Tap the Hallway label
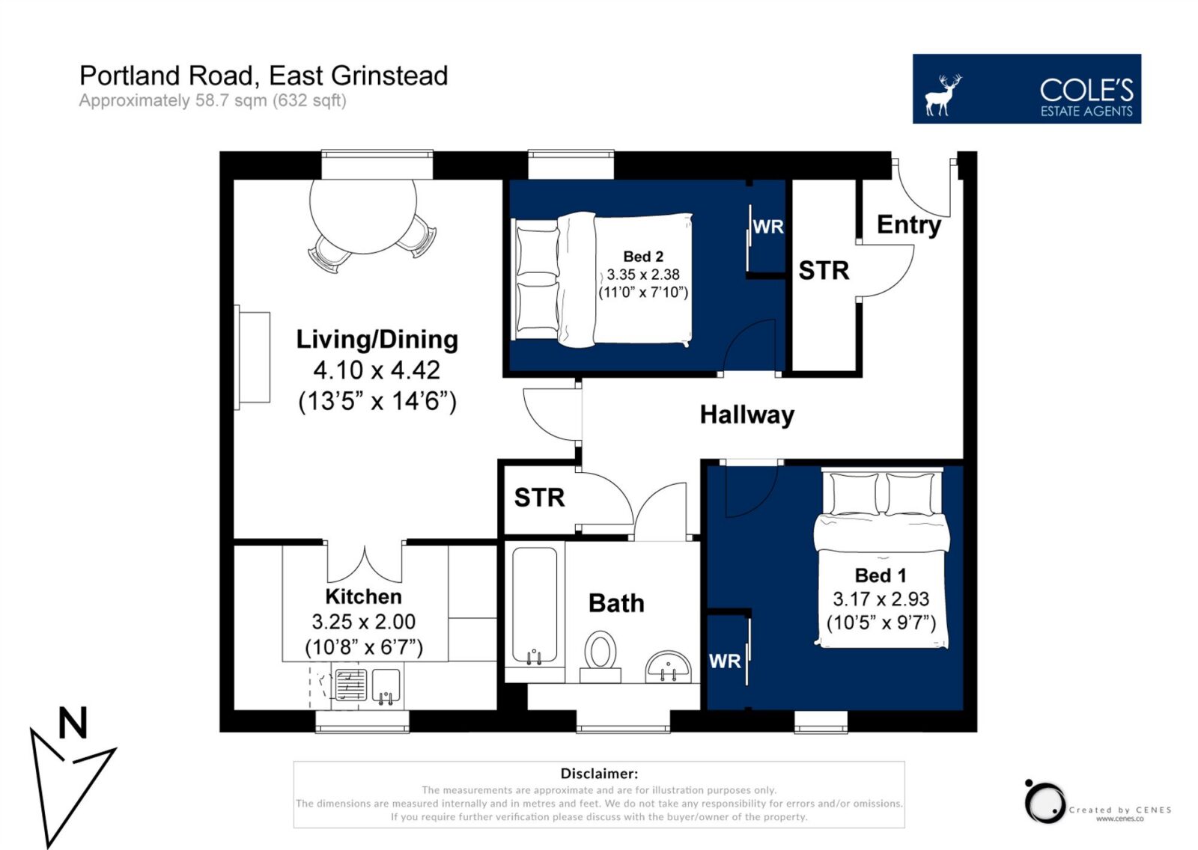coord(747,415)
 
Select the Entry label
coord(909,225)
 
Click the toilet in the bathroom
coord(600,656)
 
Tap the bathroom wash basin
coord(668,667)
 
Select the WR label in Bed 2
coord(768,227)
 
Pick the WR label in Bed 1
coord(725,661)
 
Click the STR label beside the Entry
coord(824,271)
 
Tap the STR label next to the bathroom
coord(539,498)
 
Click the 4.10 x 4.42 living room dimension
coord(377,370)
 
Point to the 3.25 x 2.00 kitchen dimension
coord(364,622)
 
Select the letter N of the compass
coord(73,723)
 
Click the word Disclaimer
coord(599,774)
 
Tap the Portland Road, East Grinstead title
coord(264,76)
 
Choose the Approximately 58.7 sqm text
coord(213,100)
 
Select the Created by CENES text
coord(1120,810)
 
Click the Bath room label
coord(616,604)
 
